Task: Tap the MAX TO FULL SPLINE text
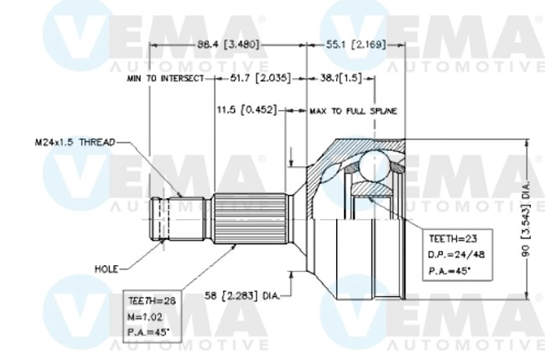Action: point(352,111)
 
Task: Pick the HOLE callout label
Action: point(106,269)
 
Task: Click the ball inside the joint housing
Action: point(370,167)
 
